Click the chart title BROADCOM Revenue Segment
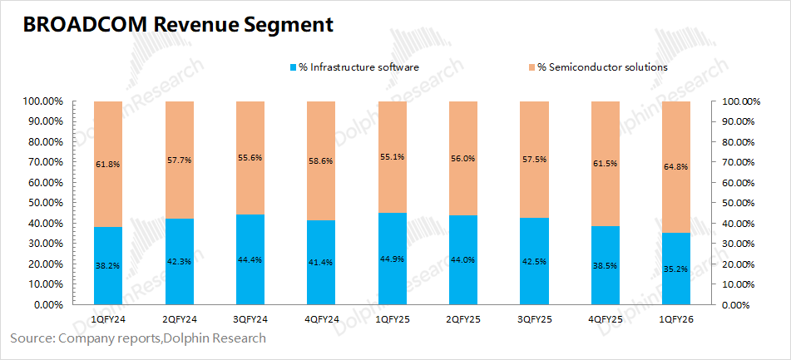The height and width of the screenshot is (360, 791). tap(179, 25)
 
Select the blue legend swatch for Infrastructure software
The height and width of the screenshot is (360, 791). tap(292, 67)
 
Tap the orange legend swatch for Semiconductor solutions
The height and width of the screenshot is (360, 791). tap(531, 67)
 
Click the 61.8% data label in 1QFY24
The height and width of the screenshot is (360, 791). tap(108, 165)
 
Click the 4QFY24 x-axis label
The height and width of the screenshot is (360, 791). tap(321, 318)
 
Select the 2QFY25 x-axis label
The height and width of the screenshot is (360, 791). tap(463, 318)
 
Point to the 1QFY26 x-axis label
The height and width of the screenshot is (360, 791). tap(675, 318)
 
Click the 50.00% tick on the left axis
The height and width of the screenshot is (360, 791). tap(44, 203)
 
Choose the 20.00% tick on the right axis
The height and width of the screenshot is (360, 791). tap(739, 264)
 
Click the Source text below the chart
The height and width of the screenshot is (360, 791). tap(138, 338)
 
